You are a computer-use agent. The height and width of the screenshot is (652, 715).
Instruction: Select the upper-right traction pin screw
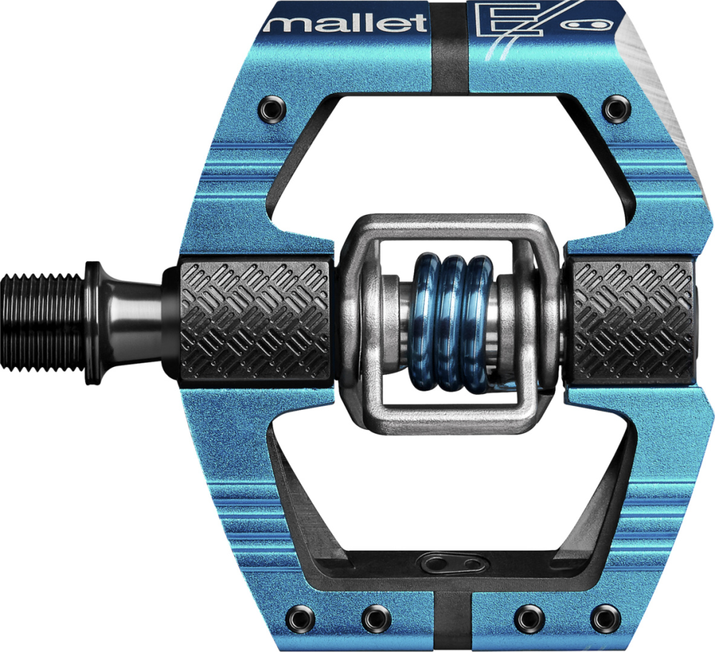click(613, 109)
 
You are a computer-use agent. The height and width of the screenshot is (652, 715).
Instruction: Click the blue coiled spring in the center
click(451, 321)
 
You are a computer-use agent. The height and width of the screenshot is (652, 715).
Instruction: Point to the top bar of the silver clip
click(443, 228)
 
